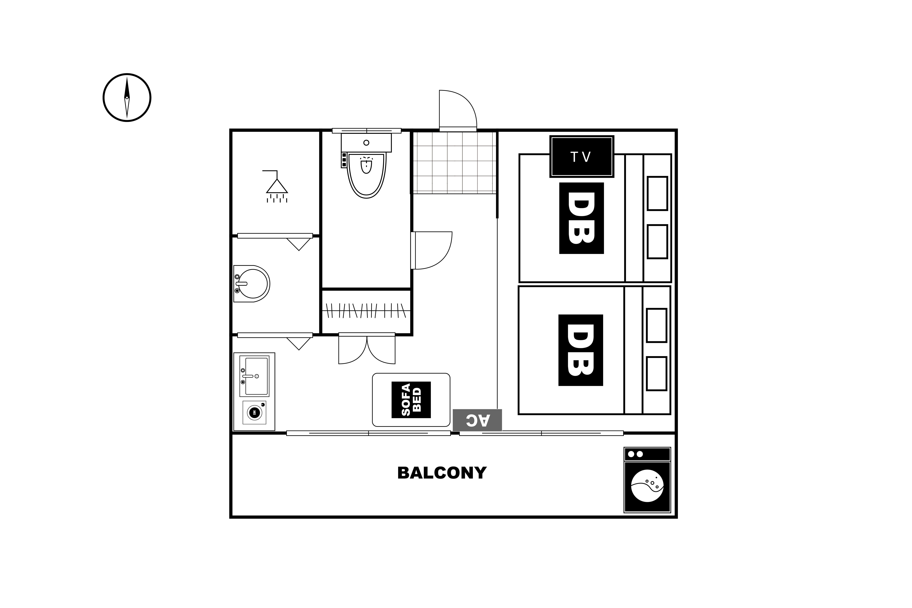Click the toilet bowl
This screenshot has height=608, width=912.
point(366,175)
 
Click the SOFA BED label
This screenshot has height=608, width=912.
point(411,400)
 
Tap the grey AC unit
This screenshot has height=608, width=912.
point(477,420)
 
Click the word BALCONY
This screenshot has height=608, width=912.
point(442,473)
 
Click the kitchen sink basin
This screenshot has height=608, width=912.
point(254,376)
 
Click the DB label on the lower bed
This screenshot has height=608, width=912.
point(580,350)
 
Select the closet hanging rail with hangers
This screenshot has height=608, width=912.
point(366,311)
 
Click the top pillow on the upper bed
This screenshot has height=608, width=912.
point(657,193)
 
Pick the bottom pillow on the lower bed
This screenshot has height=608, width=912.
point(656,373)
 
